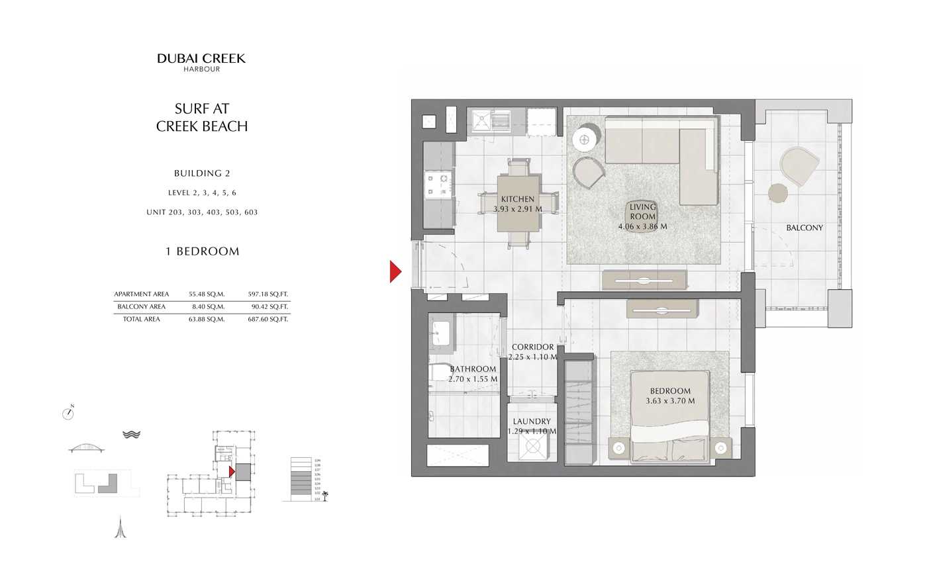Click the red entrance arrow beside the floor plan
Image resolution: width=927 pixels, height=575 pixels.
(395, 271)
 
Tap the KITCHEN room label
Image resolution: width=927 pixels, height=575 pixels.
(517, 199)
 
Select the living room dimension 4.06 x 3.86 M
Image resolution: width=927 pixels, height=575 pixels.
(642, 226)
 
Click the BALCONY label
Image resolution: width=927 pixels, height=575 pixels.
(805, 228)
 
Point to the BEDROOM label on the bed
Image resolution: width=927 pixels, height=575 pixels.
(670, 391)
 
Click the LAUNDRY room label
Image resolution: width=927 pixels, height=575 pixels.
(532, 421)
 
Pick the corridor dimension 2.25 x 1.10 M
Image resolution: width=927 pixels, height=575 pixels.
(532, 357)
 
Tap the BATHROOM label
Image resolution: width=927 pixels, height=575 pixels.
(473, 369)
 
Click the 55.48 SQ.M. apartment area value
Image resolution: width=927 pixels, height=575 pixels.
(207, 294)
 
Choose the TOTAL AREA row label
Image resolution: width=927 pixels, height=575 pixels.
(142, 320)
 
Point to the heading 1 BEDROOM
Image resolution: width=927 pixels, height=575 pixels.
(202, 251)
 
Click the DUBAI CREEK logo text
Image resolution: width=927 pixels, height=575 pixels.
(201, 59)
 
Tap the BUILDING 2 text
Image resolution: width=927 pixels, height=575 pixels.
(202, 173)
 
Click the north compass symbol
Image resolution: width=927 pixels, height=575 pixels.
(68, 414)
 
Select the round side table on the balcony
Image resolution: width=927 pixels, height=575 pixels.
(778, 193)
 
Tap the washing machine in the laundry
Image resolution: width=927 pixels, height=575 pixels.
(532, 447)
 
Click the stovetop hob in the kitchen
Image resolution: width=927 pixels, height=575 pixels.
(436, 185)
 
